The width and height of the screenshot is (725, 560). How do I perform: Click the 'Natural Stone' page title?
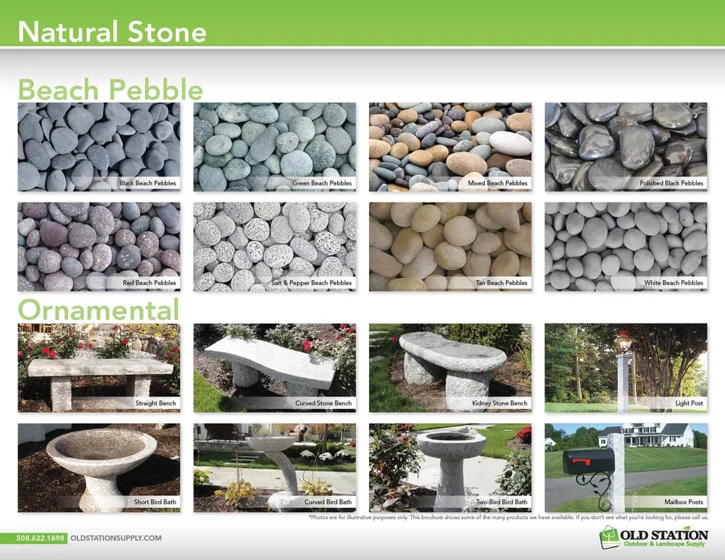click(x=112, y=32)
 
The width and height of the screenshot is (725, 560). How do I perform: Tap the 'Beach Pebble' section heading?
click(x=110, y=90)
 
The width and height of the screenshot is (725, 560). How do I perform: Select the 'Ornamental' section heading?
click(x=98, y=310)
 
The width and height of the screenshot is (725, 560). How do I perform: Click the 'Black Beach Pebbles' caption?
click(x=147, y=184)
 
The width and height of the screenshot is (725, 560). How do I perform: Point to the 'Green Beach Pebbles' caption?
click(x=322, y=184)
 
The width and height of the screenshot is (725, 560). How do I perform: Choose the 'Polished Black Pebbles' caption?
click(x=671, y=184)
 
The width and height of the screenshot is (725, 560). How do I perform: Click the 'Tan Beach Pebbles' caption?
click(x=505, y=283)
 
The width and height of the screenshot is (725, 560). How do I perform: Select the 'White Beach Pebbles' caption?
click(x=674, y=283)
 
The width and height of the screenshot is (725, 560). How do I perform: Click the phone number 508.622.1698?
click(x=41, y=538)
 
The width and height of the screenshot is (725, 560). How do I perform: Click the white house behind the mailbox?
click(x=645, y=435)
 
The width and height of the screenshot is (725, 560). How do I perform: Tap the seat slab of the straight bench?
click(x=100, y=368)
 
